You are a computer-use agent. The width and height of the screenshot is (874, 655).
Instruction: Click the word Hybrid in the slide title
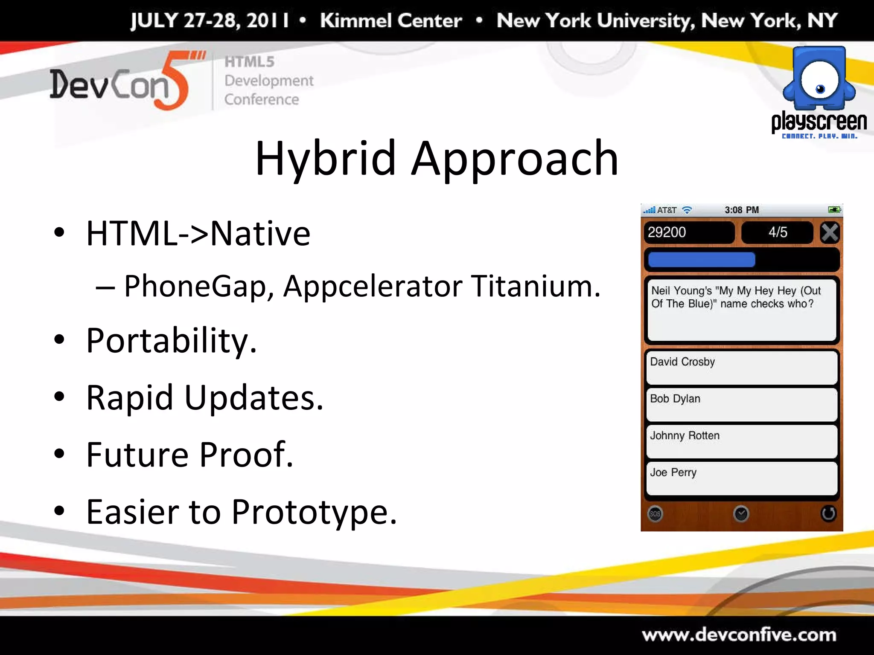[x=325, y=159]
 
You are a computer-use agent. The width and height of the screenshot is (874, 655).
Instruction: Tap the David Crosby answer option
[x=742, y=368]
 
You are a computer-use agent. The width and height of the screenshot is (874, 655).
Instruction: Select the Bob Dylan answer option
[x=742, y=404]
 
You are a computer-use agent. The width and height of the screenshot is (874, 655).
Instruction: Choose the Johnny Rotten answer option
[x=742, y=441]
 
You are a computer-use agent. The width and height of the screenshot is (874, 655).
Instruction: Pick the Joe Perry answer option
[x=742, y=478]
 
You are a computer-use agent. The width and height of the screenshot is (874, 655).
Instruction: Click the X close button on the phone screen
[x=830, y=233]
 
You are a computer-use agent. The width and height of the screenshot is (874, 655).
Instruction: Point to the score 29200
[x=667, y=232]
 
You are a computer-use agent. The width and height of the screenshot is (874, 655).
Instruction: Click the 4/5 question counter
[x=778, y=232]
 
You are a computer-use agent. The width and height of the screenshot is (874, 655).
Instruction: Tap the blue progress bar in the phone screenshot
[x=702, y=259]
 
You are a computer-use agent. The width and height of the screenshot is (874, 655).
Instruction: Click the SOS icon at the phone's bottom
[x=655, y=514]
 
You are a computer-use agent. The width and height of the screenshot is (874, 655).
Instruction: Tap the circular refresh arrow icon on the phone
[x=828, y=513]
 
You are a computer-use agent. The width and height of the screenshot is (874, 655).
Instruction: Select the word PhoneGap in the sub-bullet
[x=195, y=287]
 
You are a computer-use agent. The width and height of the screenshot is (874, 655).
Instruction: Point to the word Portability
[x=171, y=341]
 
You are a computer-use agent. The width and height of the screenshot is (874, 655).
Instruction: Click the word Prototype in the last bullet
[x=314, y=512]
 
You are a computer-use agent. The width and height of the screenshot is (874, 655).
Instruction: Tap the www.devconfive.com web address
[x=739, y=635]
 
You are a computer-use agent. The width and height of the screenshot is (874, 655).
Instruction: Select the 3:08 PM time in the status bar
[x=742, y=210]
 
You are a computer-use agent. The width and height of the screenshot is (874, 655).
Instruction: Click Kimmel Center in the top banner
[x=391, y=20]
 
